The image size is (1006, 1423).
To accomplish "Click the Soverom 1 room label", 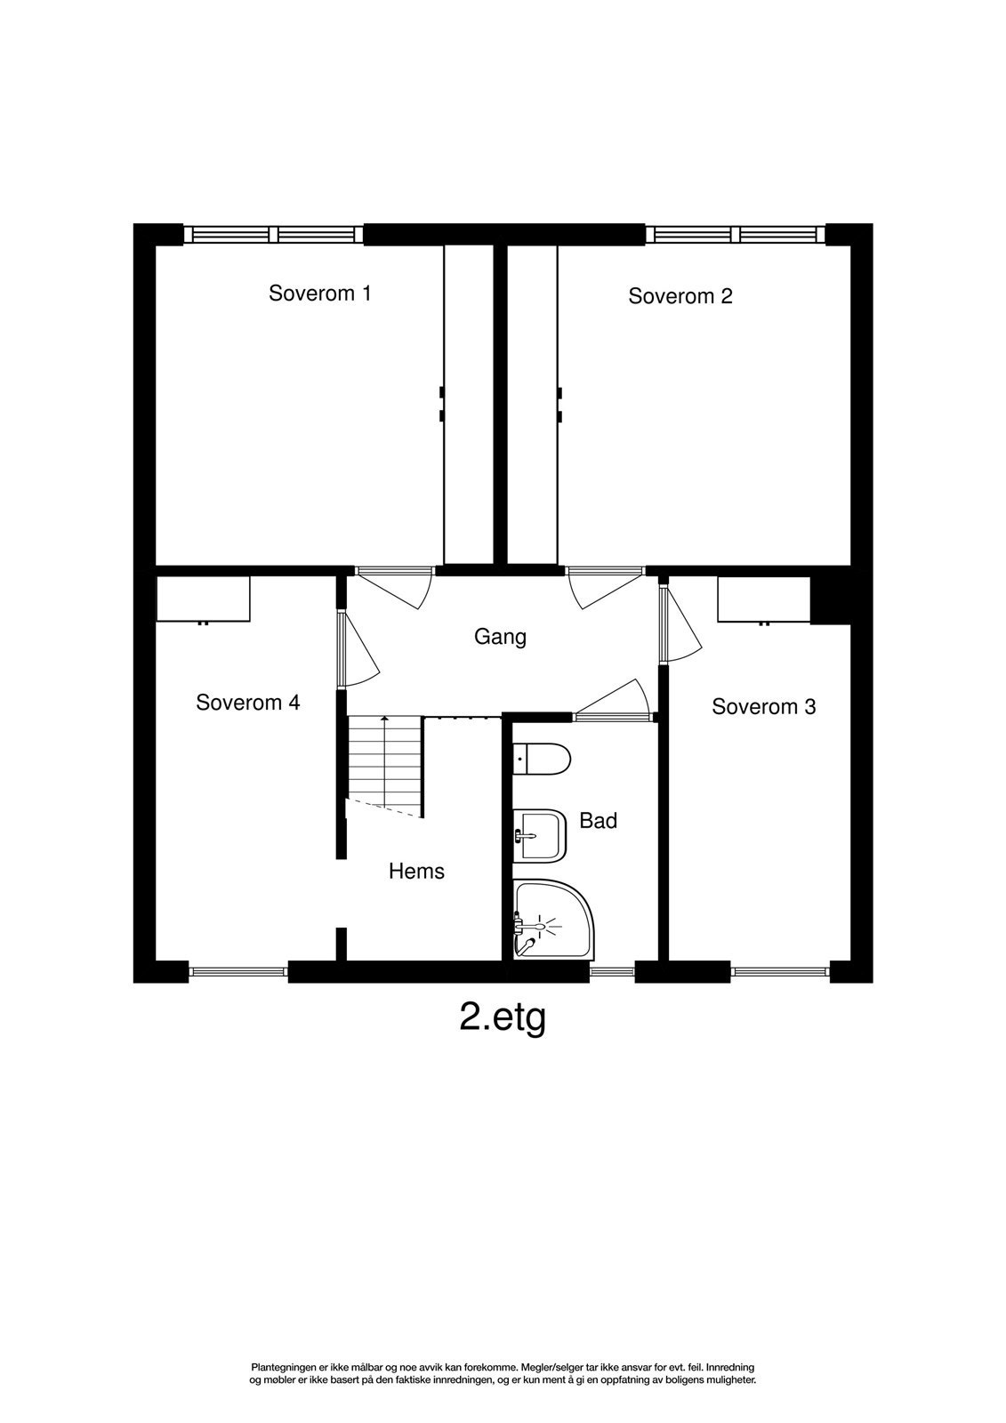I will (x=319, y=293).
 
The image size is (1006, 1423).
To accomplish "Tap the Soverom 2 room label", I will (x=680, y=296).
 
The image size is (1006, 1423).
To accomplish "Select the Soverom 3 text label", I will (x=763, y=707).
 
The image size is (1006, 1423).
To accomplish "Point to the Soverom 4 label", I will (x=247, y=703).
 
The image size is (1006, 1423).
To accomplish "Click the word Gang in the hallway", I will (x=500, y=637).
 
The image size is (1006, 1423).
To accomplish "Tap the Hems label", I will (x=416, y=872).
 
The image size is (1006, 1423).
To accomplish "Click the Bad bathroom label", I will (x=598, y=821).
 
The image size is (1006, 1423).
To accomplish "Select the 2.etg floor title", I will (x=502, y=1017).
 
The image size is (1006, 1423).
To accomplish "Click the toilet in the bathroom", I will (x=542, y=759).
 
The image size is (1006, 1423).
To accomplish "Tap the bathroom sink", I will (x=540, y=834).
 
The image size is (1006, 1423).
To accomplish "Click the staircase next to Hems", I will (x=383, y=765).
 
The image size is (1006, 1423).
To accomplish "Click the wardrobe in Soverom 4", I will (x=203, y=599).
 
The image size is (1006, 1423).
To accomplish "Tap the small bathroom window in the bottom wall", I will (x=612, y=972).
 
